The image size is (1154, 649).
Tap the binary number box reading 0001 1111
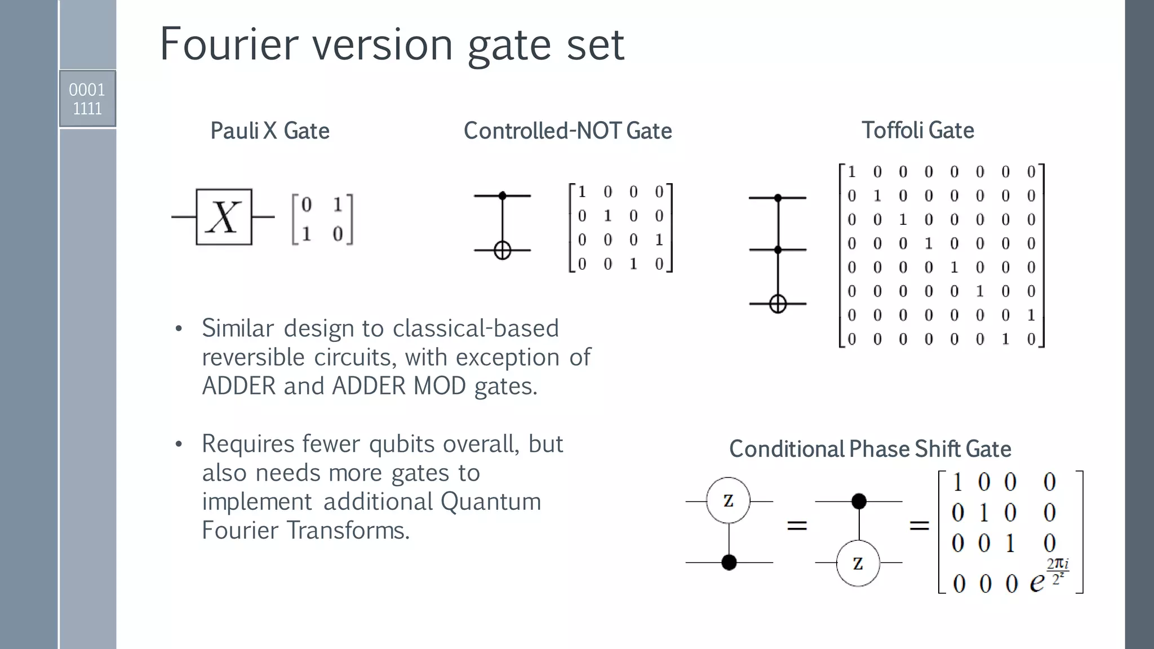coord(87,99)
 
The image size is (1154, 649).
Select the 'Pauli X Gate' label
coord(269,131)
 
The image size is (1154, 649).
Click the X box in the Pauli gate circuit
coord(224,217)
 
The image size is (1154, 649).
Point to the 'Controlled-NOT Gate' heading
coord(567,131)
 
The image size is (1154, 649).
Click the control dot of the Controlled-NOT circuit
coord(503,196)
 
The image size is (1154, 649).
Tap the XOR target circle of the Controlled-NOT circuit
coord(503,250)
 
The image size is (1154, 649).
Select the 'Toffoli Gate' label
coord(917,130)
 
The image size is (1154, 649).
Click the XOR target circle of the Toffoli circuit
coord(778,304)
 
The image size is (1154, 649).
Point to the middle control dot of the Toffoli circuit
coord(778,250)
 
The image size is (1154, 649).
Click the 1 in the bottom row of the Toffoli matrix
coord(1005,339)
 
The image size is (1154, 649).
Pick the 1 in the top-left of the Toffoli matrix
coord(852,172)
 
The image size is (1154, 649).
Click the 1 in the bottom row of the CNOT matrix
coord(633,264)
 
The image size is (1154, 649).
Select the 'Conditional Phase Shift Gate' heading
coord(869,449)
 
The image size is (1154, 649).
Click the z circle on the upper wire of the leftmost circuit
coord(729,501)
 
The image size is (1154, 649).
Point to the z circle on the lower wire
coord(858,563)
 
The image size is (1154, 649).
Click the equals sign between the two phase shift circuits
coord(797,526)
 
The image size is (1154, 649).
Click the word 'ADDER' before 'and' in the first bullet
coord(239,386)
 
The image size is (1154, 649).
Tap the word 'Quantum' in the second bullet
coord(490,501)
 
